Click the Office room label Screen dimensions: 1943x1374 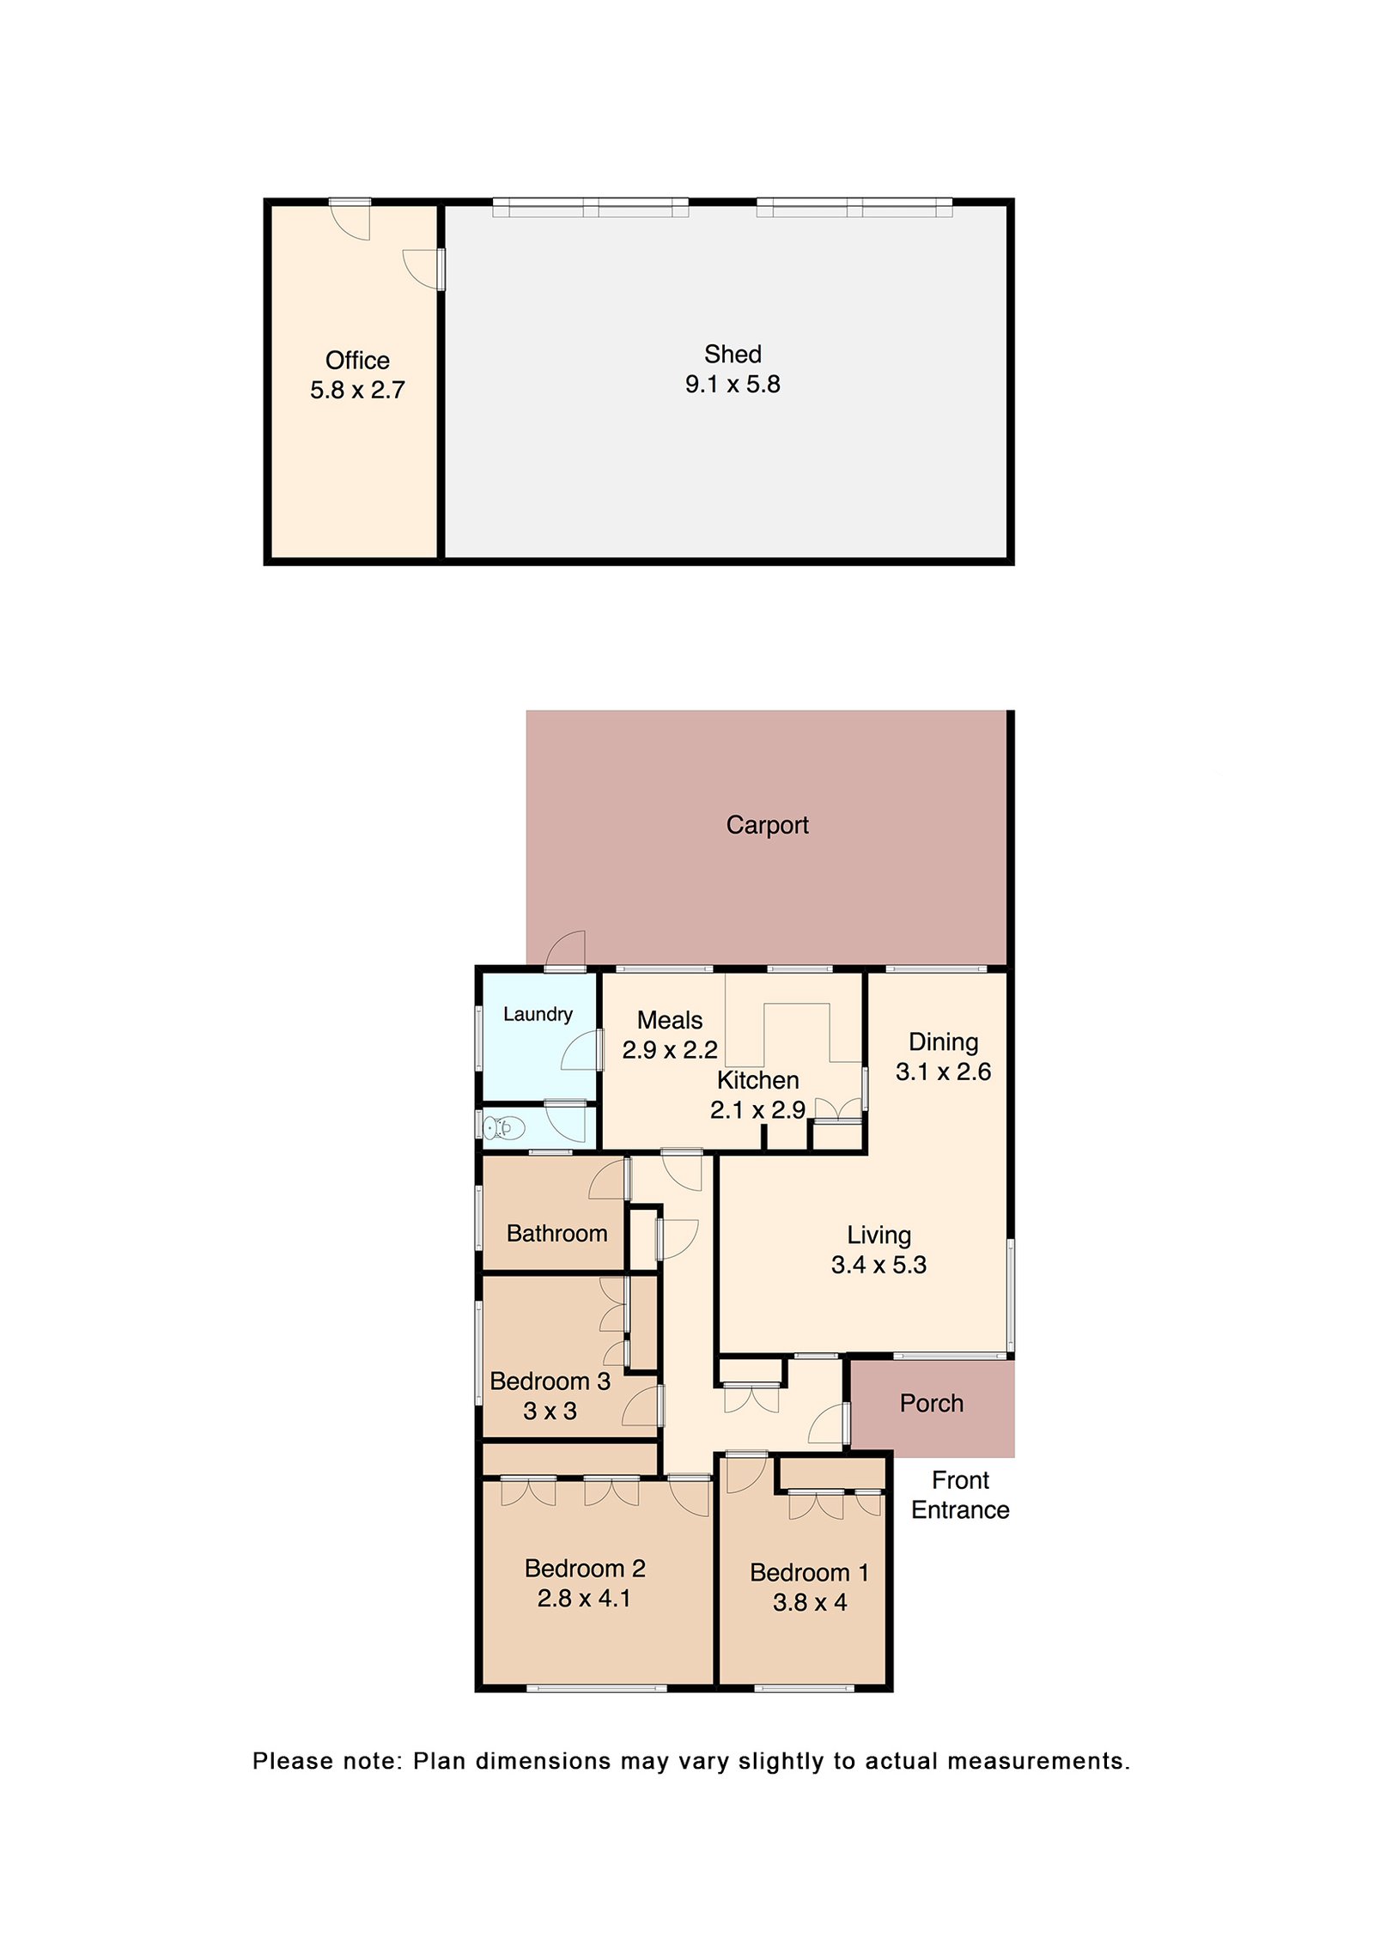(357, 360)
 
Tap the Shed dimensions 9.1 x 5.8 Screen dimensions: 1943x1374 (732, 384)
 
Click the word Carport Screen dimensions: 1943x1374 (766, 824)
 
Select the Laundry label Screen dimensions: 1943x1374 (537, 1014)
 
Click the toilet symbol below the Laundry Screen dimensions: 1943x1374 (503, 1126)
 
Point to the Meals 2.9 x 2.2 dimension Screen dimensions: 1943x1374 (669, 1049)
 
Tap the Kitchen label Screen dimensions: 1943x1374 (757, 1079)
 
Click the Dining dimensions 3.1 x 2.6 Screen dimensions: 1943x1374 (942, 1072)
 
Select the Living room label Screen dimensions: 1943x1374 (878, 1235)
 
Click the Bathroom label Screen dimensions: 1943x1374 (556, 1233)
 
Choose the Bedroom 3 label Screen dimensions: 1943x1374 (550, 1381)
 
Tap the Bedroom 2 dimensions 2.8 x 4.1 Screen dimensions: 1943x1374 (584, 1598)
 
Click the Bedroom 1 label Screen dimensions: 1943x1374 (809, 1572)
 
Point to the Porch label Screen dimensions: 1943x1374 (931, 1403)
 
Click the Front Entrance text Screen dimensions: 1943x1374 (959, 1495)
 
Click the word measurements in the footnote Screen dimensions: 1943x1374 (1037, 1761)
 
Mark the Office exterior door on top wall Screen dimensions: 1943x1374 (350, 220)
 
